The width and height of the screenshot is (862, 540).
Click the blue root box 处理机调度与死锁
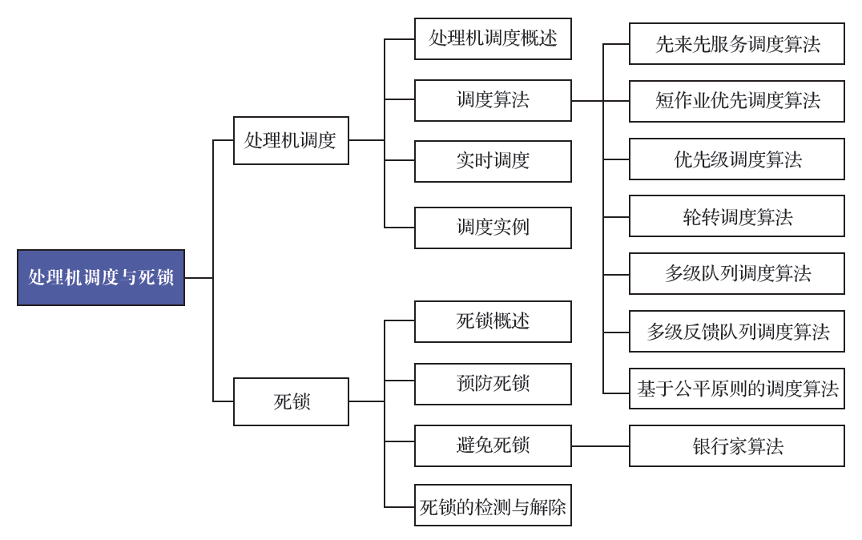[x=101, y=277]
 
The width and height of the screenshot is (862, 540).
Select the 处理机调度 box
[x=291, y=140]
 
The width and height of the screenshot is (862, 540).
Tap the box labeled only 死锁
[x=291, y=401]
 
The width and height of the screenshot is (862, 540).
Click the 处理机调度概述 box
[x=493, y=38]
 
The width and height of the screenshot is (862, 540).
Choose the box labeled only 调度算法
[x=493, y=100]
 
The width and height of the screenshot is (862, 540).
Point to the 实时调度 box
[x=493, y=161]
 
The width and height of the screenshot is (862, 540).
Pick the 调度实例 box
[x=493, y=228]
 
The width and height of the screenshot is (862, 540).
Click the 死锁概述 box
[x=493, y=321]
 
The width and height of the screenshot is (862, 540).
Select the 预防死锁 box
[x=493, y=384]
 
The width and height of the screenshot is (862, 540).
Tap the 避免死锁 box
[x=493, y=445]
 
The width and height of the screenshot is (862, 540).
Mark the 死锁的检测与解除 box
[x=493, y=505]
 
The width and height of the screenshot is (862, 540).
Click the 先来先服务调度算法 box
[x=737, y=43]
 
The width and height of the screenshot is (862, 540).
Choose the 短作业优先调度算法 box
[x=737, y=101]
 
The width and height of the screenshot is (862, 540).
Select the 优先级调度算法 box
[x=737, y=159]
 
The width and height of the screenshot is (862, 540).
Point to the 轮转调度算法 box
[x=737, y=216]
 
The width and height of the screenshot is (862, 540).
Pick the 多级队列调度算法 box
[x=737, y=273]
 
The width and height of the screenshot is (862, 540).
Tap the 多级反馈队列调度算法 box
[x=737, y=331]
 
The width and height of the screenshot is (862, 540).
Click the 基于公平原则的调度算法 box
[x=737, y=389]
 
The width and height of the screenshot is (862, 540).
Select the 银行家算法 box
[x=737, y=445]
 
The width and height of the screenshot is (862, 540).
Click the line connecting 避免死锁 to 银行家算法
[x=600, y=446]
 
